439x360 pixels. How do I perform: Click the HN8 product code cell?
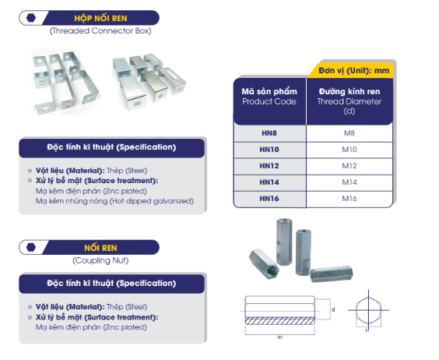pos(269,133)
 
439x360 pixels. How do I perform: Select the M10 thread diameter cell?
pos(349,150)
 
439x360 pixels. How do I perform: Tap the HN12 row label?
pos(269,166)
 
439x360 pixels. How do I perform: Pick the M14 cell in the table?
pos(349,182)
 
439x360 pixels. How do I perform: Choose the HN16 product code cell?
pos(269,199)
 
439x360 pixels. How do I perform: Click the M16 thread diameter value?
pos(349,199)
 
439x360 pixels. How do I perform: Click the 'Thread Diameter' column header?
pos(349,101)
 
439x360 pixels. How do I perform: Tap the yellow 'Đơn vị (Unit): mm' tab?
pos(353,70)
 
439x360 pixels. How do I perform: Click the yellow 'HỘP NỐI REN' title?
pos(100,18)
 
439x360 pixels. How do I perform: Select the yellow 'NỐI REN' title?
pos(100,248)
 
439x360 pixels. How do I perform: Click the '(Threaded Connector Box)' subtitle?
pos(100,31)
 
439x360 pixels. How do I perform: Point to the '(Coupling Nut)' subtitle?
pos(100,260)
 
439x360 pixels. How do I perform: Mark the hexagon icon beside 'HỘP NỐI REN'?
pos(31,18)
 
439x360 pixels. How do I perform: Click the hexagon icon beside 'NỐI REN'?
pos(31,247)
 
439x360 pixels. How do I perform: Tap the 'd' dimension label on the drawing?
pos(333,309)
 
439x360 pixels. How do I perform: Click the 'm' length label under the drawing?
pos(279,337)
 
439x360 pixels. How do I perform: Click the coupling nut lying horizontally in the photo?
pos(332,274)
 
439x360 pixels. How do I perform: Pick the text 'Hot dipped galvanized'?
pos(152,201)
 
